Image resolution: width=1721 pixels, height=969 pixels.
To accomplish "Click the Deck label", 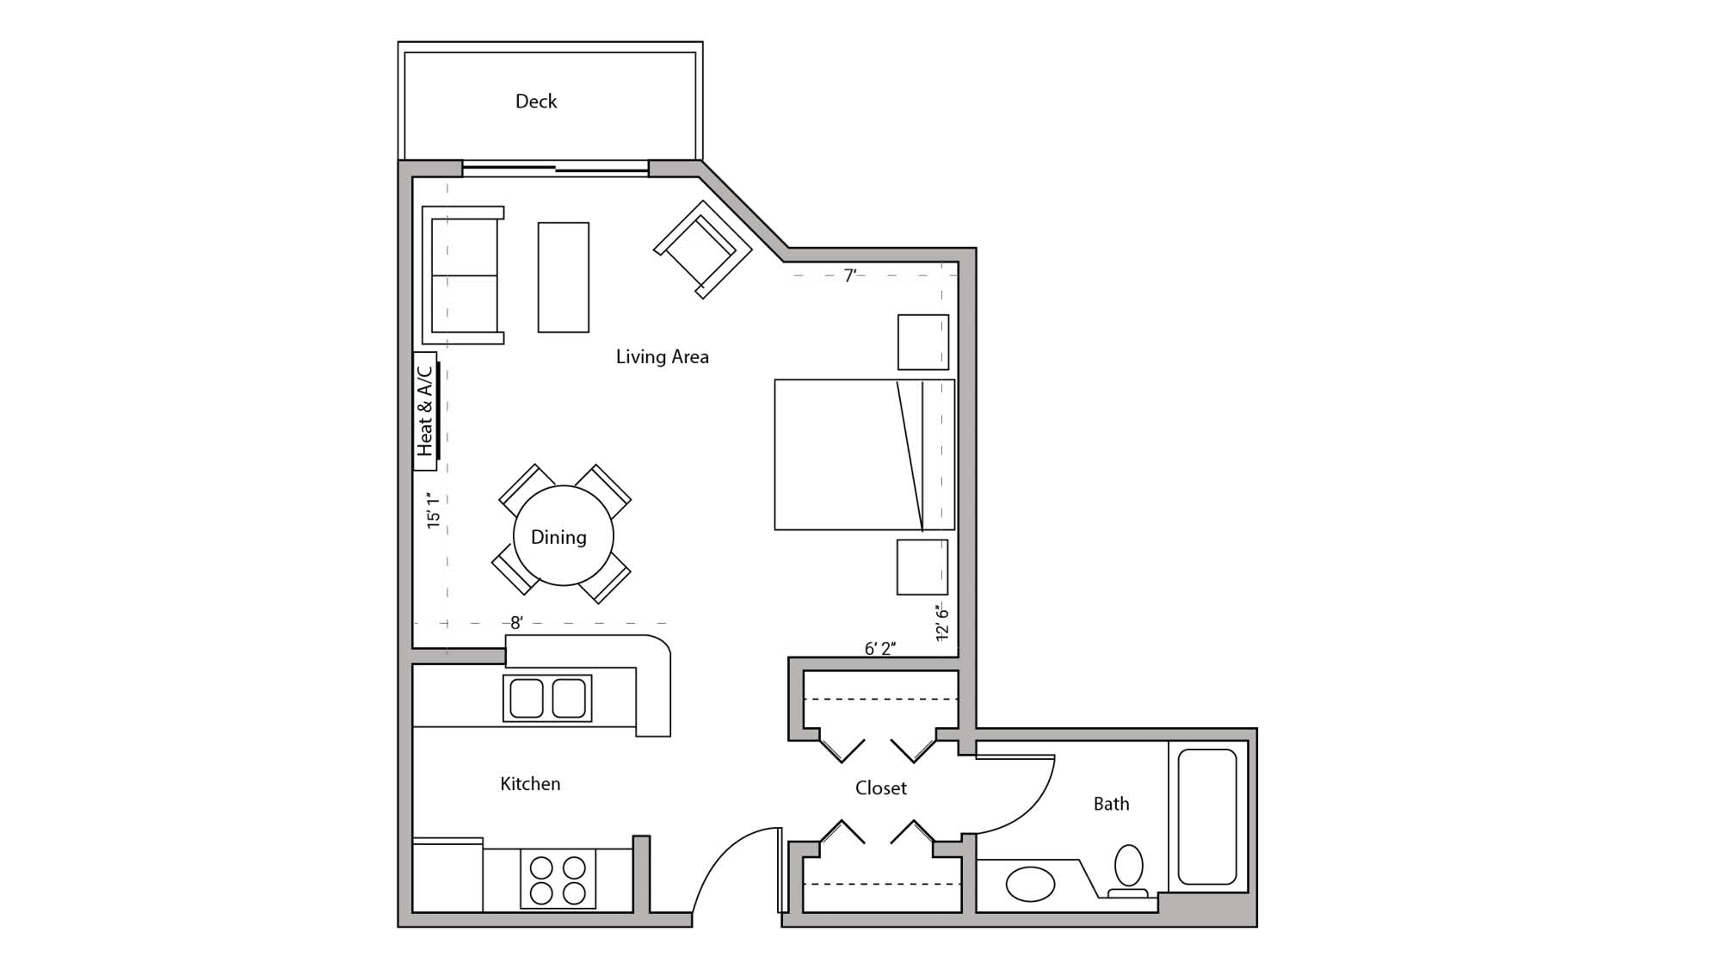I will pyautogui.click(x=535, y=102).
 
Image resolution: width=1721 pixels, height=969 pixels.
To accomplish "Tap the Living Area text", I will pyautogui.click(x=662, y=356).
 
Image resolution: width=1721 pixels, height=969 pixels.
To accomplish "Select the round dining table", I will pyautogui.click(x=563, y=536).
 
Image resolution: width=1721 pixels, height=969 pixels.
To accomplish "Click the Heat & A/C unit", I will pyautogui.click(x=425, y=411).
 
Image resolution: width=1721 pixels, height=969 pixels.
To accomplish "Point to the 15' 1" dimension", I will pyautogui.click(x=433, y=510).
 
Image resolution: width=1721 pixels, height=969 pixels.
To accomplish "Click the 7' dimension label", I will pyautogui.click(x=850, y=275).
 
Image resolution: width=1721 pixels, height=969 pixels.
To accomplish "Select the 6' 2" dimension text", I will pyautogui.click(x=879, y=648).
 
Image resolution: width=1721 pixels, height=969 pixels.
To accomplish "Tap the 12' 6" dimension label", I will pyautogui.click(x=942, y=622).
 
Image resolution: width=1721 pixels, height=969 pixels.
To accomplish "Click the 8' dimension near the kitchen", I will pyautogui.click(x=516, y=622).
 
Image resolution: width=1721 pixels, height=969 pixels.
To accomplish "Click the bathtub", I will pyautogui.click(x=1206, y=816).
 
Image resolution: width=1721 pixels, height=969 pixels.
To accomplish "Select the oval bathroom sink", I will pyautogui.click(x=1030, y=884).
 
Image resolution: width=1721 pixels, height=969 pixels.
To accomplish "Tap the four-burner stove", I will pyautogui.click(x=558, y=879).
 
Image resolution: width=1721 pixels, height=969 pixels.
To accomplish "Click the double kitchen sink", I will pyautogui.click(x=547, y=698).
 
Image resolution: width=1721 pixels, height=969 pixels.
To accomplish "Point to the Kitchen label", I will pyautogui.click(x=530, y=783).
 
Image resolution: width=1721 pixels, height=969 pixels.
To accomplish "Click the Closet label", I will pyautogui.click(x=880, y=787).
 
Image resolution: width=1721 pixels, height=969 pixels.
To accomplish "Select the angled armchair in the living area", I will pyautogui.click(x=703, y=250).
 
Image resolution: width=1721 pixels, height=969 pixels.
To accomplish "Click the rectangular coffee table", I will pyautogui.click(x=563, y=277).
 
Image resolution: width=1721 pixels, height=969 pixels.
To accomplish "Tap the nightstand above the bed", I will pyautogui.click(x=922, y=342).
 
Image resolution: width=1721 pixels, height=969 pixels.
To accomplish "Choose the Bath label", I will pyautogui.click(x=1111, y=804).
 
